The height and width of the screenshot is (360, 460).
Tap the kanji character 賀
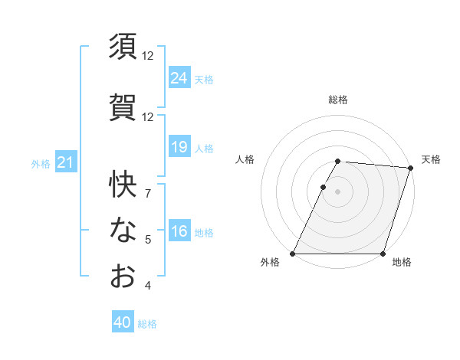click(x=123, y=106)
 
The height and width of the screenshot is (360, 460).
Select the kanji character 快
click(x=123, y=184)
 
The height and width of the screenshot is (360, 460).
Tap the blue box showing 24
click(x=179, y=78)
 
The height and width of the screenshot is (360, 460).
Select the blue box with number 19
click(x=179, y=147)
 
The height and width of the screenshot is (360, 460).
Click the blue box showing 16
click(x=179, y=231)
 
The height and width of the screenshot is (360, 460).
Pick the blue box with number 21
click(x=65, y=162)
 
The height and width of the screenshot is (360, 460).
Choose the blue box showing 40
click(x=123, y=323)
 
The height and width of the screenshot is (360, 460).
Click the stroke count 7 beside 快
click(x=148, y=193)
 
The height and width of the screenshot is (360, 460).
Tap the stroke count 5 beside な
click(x=148, y=240)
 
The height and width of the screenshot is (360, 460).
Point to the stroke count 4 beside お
click(x=148, y=286)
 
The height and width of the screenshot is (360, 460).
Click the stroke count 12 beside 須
click(x=148, y=55)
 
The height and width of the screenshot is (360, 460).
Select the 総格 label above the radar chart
click(x=338, y=100)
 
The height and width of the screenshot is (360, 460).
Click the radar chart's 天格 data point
click(x=410, y=169)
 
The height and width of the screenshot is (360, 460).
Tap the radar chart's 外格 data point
click(x=293, y=254)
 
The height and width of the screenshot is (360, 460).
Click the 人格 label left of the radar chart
click(x=245, y=160)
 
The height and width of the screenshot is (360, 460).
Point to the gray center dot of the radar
click(x=338, y=192)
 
